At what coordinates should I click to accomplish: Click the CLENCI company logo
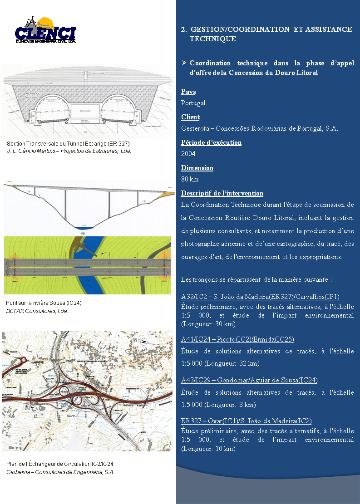tap(45, 31)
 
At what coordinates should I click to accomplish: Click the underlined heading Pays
tap(188, 92)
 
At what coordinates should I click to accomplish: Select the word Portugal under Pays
tap(193, 103)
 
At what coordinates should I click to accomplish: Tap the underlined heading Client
tap(190, 117)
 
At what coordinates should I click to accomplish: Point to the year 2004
tap(188, 154)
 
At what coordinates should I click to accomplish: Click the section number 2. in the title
tap(183, 29)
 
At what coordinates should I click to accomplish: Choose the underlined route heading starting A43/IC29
tap(249, 380)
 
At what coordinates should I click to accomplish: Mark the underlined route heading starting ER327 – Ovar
tap(246, 421)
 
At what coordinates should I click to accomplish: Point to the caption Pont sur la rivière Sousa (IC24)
tap(44, 303)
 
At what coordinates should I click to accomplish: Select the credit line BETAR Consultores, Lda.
tap(37, 311)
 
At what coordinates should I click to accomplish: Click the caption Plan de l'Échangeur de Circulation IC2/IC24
tap(59, 464)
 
